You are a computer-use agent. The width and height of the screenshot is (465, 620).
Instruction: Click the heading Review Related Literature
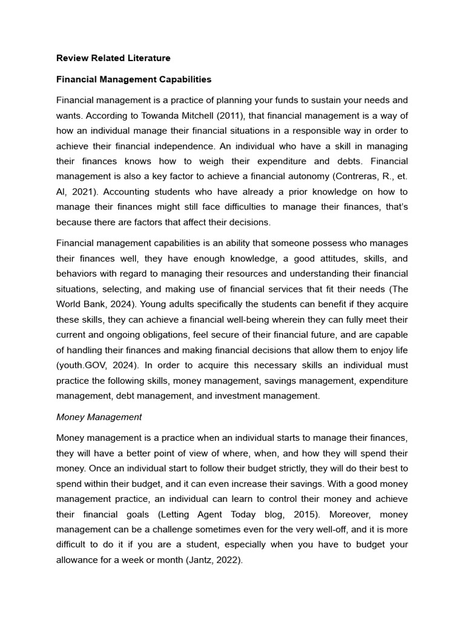[113, 58]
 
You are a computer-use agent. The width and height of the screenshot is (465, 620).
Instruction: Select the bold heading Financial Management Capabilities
[134, 79]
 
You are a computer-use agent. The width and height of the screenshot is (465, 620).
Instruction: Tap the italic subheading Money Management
[99, 417]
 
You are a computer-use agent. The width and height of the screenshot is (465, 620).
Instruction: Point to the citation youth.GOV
[83, 365]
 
